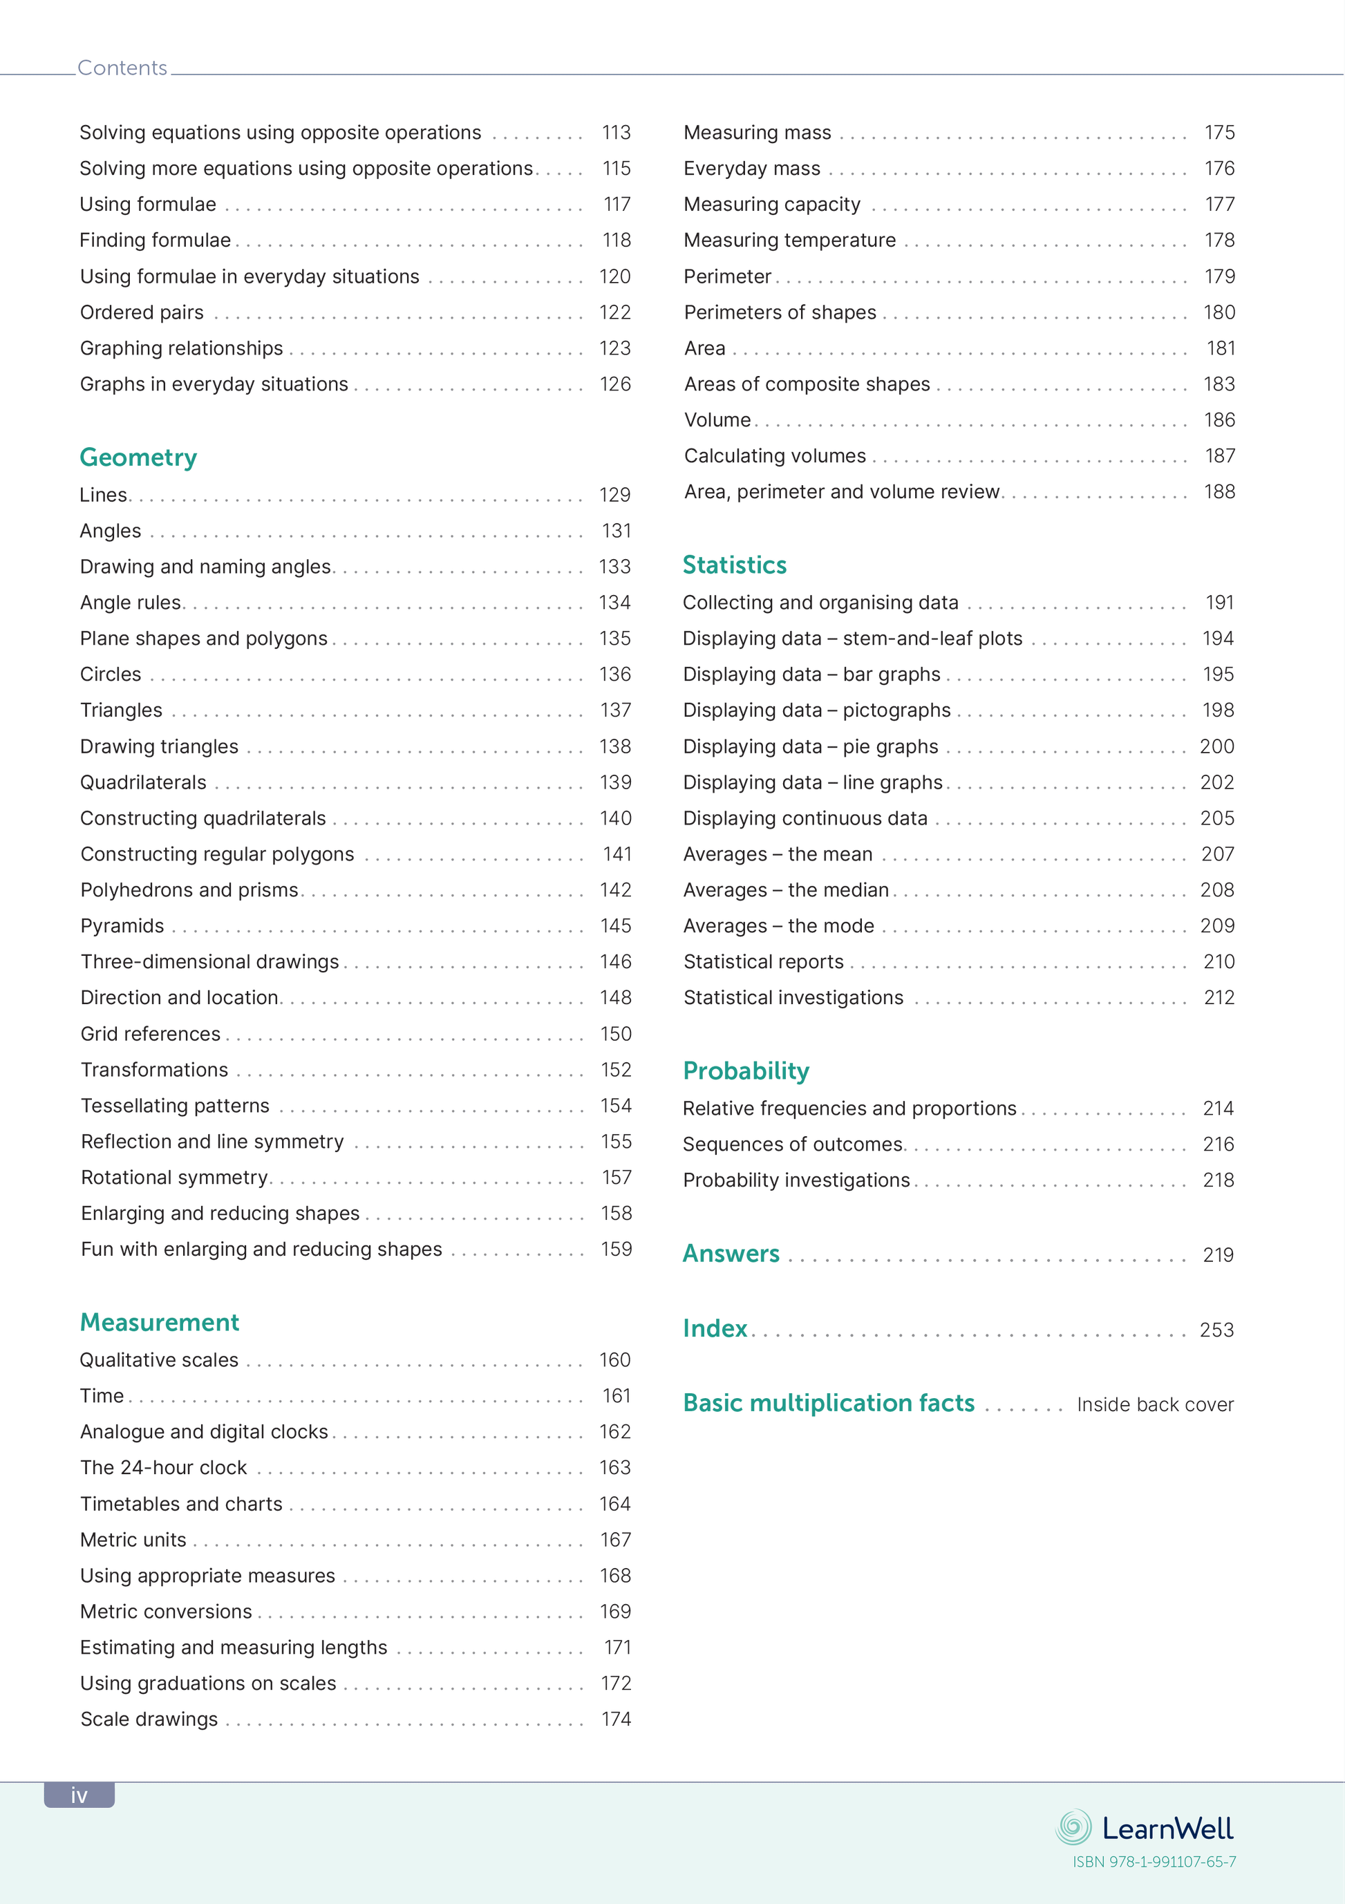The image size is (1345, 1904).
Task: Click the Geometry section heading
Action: (x=138, y=457)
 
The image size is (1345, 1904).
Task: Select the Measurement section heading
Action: (x=159, y=1322)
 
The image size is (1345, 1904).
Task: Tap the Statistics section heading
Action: (x=734, y=565)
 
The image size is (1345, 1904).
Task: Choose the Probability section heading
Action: (x=746, y=1071)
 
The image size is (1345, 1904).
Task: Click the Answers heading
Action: (x=731, y=1253)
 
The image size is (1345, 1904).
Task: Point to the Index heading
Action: (x=715, y=1328)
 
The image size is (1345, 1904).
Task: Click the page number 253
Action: (x=1216, y=1330)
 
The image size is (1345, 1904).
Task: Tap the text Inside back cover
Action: (x=1154, y=1405)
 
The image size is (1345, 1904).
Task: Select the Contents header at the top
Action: (x=122, y=68)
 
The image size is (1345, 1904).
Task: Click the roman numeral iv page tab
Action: (x=79, y=1795)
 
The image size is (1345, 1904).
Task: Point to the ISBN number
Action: (x=1154, y=1862)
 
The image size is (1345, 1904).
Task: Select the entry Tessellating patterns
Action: (x=175, y=1105)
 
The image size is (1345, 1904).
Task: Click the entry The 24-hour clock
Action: (x=163, y=1468)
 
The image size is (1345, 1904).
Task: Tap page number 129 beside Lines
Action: (x=614, y=495)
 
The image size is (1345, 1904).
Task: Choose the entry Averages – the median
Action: (x=785, y=890)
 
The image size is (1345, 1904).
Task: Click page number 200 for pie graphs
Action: (x=1216, y=746)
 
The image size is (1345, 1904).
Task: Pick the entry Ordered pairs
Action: (x=142, y=312)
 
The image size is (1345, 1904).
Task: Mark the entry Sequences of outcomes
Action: (x=793, y=1144)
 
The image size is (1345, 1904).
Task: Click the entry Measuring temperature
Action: (x=789, y=241)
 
